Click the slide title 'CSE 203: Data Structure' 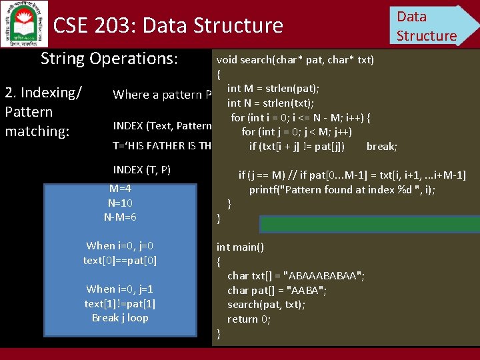(x=168, y=26)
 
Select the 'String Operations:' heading (x=109, y=59)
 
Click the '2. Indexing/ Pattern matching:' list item (x=43, y=111)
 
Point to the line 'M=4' (x=121, y=188)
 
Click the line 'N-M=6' (x=121, y=216)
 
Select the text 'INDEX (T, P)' (x=142, y=169)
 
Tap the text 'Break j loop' (x=120, y=317)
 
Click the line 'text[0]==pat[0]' (x=120, y=260)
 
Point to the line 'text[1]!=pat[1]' (x=120, y=303)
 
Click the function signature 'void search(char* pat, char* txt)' (x=295, y=60)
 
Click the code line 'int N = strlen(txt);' (x=271, y=103)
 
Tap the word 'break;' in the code (x=382, y=147)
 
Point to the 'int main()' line (x=240, y=247)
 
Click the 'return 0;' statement (x=249, y=319)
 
